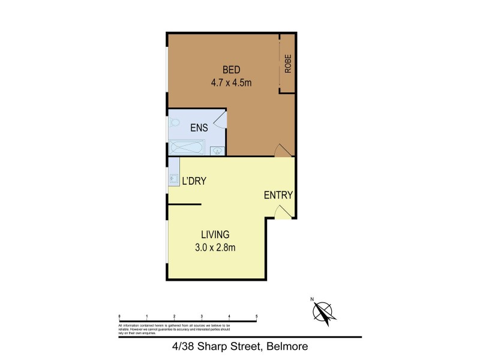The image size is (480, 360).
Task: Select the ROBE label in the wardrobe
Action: pos(288,64)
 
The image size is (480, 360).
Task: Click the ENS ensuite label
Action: pos(199,127)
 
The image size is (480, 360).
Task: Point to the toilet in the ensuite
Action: pos(175,123)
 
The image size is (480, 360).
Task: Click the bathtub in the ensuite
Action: pos(187,148)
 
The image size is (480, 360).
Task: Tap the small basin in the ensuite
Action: pos(217,150)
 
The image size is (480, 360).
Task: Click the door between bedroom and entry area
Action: pos(280,151)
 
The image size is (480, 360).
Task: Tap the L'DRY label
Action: pos(194,180)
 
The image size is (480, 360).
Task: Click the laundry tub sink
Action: pos(173,178)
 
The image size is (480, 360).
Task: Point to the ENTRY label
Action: pos(278,195)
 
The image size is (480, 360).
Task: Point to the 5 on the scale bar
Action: pos(257,316)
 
